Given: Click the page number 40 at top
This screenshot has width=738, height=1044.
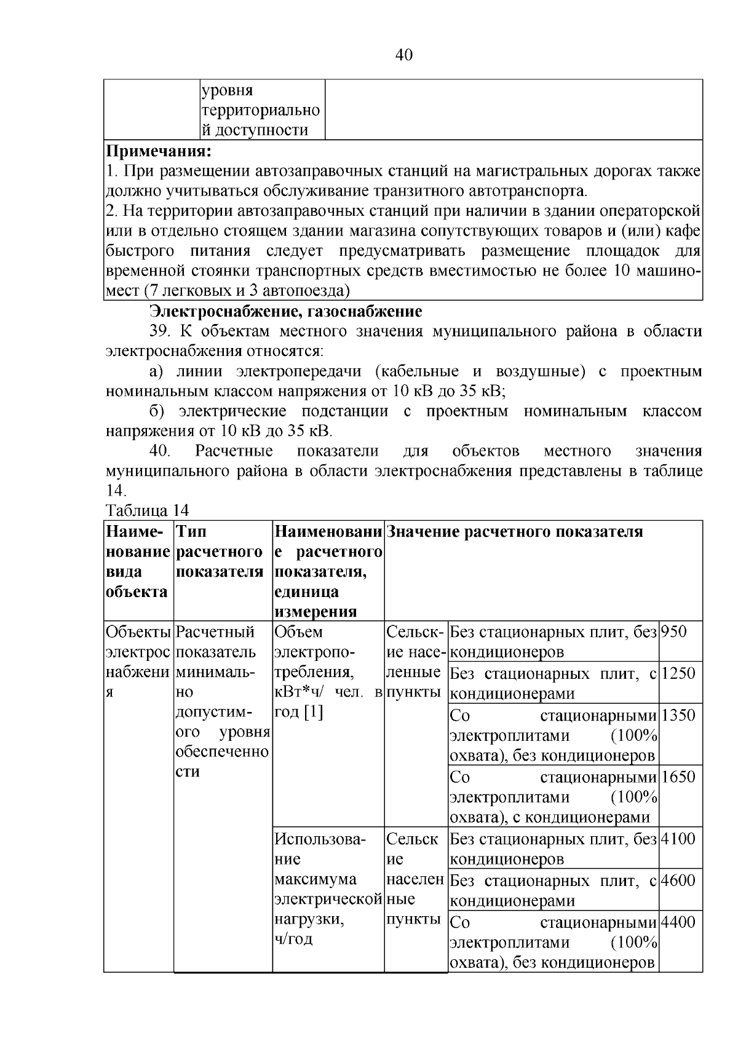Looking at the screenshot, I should tap(404, 55).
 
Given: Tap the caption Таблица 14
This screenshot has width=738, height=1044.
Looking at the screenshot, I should tap(147, 510).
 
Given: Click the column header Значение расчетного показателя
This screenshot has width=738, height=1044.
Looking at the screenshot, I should tap(515, 532).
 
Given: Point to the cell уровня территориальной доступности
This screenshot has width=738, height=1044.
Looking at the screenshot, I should tap(261, 111).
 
